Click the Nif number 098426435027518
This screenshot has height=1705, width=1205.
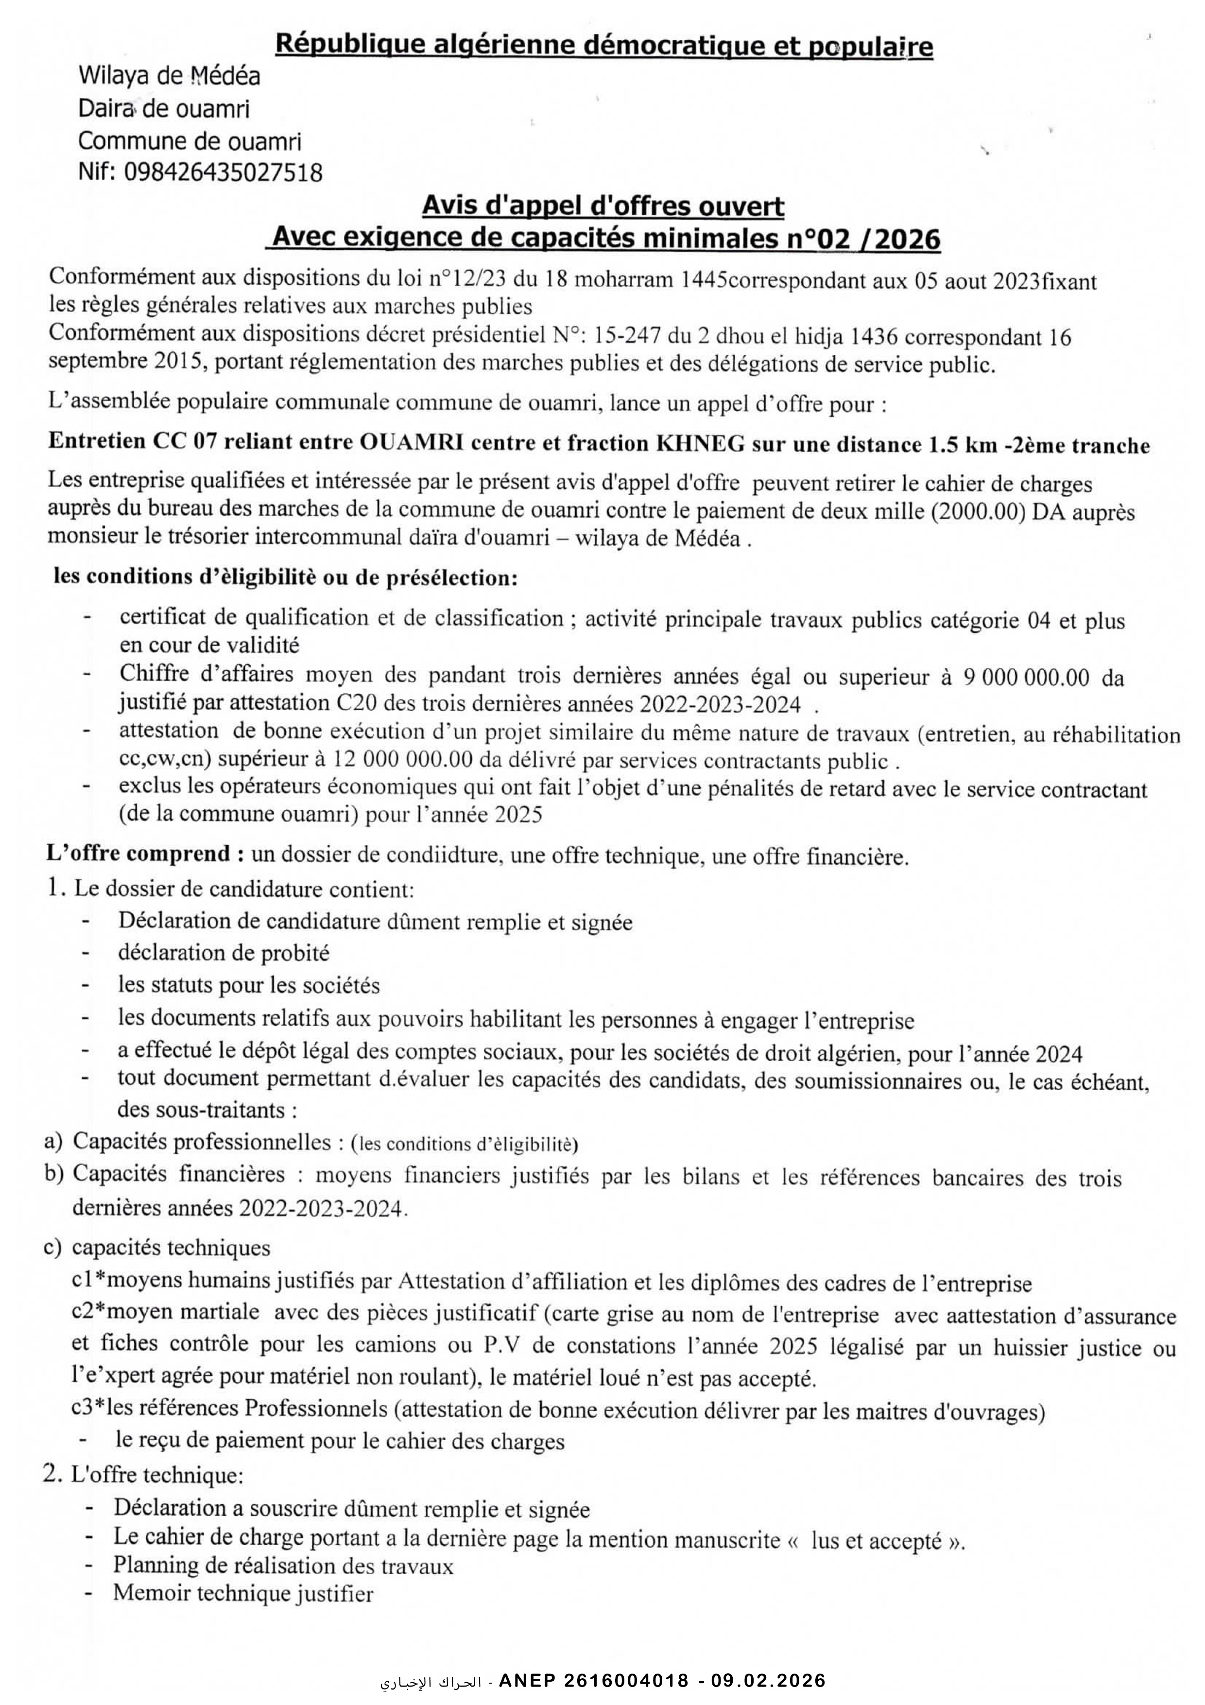(x=223, y=172)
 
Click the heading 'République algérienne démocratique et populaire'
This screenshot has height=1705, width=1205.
(x=603, y=46)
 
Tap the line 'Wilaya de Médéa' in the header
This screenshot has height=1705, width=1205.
(x=169, y=76)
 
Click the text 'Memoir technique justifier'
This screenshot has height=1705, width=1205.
(x=243, y=1593)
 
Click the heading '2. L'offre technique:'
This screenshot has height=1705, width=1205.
(x=143, y=1476)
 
